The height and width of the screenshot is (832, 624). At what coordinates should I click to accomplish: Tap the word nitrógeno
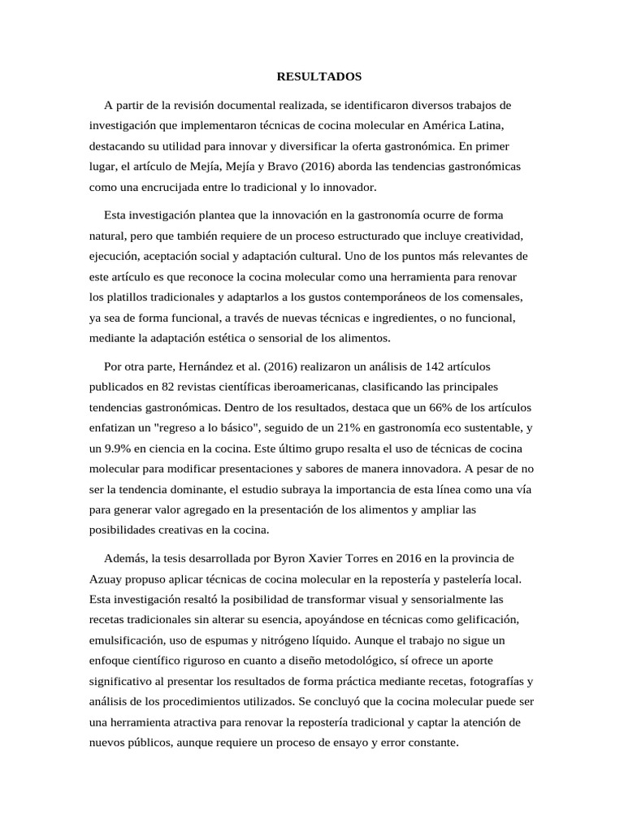tap(310, 639)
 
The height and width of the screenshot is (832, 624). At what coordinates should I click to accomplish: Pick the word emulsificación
tap(128, 639)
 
